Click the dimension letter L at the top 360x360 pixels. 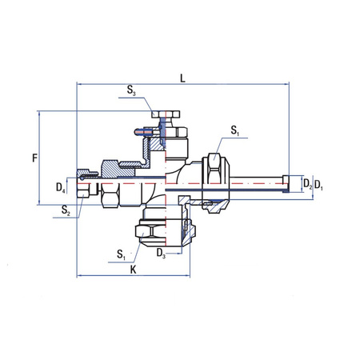coord(183,77)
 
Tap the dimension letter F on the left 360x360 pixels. coord(34,158)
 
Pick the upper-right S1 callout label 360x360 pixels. coord(234,130)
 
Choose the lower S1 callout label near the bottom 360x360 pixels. coord(120,254)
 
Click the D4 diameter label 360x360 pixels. coord(61,187)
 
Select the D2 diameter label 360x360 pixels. coord(306,185)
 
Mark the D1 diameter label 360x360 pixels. coord(319,185)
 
